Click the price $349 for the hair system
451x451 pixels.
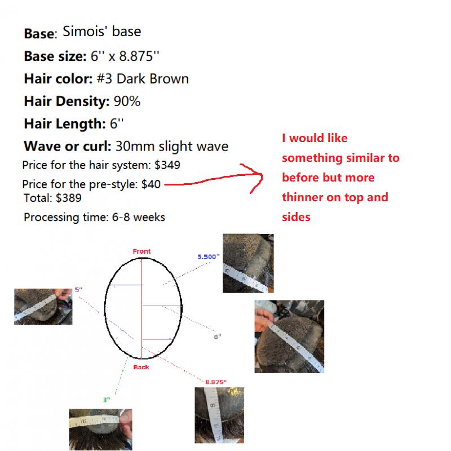(x=167, y=165)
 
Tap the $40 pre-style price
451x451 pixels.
(x=151, y=184)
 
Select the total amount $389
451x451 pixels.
(x=69, y=198)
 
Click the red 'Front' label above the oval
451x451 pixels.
(x=142, y=251)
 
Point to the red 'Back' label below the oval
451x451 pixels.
(x=142, y=367)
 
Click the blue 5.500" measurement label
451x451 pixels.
(x=209, y=257)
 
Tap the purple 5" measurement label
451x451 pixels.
(x=78, y=290)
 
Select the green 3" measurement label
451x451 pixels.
(x=107, y=400)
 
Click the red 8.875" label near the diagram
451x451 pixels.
(x=216, y=382)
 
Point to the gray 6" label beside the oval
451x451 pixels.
(x=218, y=337)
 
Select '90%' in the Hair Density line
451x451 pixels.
(x=127, y=101)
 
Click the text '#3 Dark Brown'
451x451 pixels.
(x=143, y=79)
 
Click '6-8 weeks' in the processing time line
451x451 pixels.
(x=138, y=217)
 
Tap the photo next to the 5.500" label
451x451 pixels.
(x=248, y=263)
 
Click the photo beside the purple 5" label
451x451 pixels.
(x=43, y=307)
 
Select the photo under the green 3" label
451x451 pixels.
(x=101, y=429)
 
